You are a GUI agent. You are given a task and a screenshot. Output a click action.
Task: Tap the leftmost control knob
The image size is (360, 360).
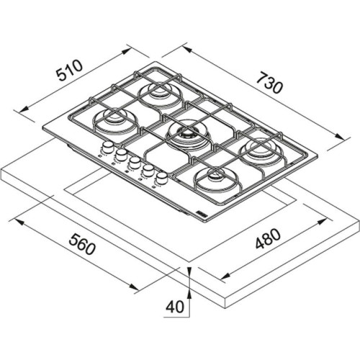tap(107, 148)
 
